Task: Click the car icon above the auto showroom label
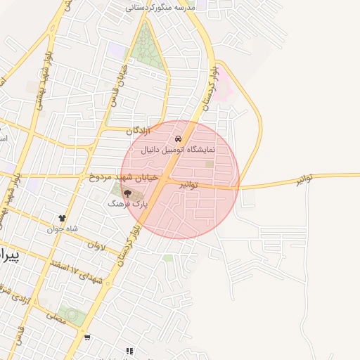(x=178, y=140)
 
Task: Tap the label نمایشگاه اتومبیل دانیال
(x=178, y=150)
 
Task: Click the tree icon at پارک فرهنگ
(x=127, y=193)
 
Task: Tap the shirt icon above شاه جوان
(x=63, y=219)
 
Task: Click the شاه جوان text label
(x=62, y=229)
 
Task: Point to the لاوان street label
(x=96, y=246)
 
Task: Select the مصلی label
(x=56, y=318)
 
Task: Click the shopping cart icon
(x=87, y=337)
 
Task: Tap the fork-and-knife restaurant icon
(x=129, y=350)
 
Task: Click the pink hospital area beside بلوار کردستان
(x=223, y=92)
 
